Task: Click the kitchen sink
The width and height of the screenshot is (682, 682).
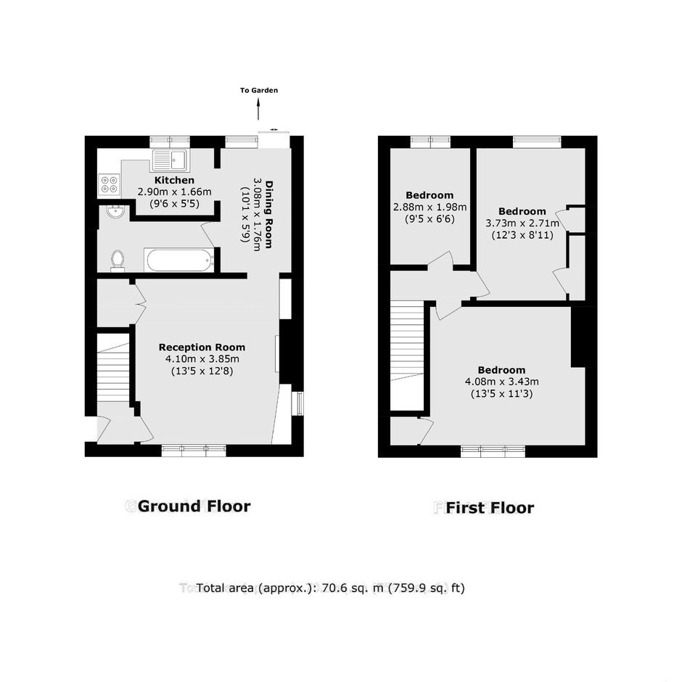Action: (170, 160)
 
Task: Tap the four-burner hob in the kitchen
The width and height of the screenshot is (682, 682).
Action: (109, 184)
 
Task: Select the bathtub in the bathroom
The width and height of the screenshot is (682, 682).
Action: (180, 260)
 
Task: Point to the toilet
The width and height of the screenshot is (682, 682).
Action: (118, 260)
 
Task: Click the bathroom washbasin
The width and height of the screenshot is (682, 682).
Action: (115, 212)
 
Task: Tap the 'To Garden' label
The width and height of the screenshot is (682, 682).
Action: (259, 91)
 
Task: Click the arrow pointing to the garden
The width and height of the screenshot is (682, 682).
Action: (259, 109)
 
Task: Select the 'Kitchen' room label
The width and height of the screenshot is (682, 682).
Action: (174, 180)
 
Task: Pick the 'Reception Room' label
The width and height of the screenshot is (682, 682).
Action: (202, 347)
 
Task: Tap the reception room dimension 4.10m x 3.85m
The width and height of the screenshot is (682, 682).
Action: (202, 359)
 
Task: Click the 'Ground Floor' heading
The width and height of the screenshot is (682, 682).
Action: (194, 506)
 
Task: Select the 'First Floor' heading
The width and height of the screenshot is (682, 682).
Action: (490, 508)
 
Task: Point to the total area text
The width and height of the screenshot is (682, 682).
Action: (331, 588)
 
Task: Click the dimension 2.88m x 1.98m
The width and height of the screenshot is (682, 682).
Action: (430, 207)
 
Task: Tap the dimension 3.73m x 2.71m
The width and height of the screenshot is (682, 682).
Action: (522, 223)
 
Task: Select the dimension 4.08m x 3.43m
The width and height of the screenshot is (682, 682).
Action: (502, 382)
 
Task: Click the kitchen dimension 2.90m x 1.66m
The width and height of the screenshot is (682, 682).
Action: (174, 192)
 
